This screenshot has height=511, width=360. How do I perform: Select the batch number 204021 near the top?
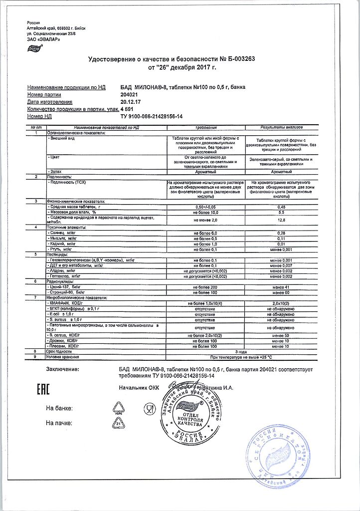130,94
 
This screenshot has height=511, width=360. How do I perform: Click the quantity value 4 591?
129,109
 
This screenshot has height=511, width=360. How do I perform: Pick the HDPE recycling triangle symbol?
119,409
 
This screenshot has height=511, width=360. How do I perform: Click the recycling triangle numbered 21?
119,423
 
